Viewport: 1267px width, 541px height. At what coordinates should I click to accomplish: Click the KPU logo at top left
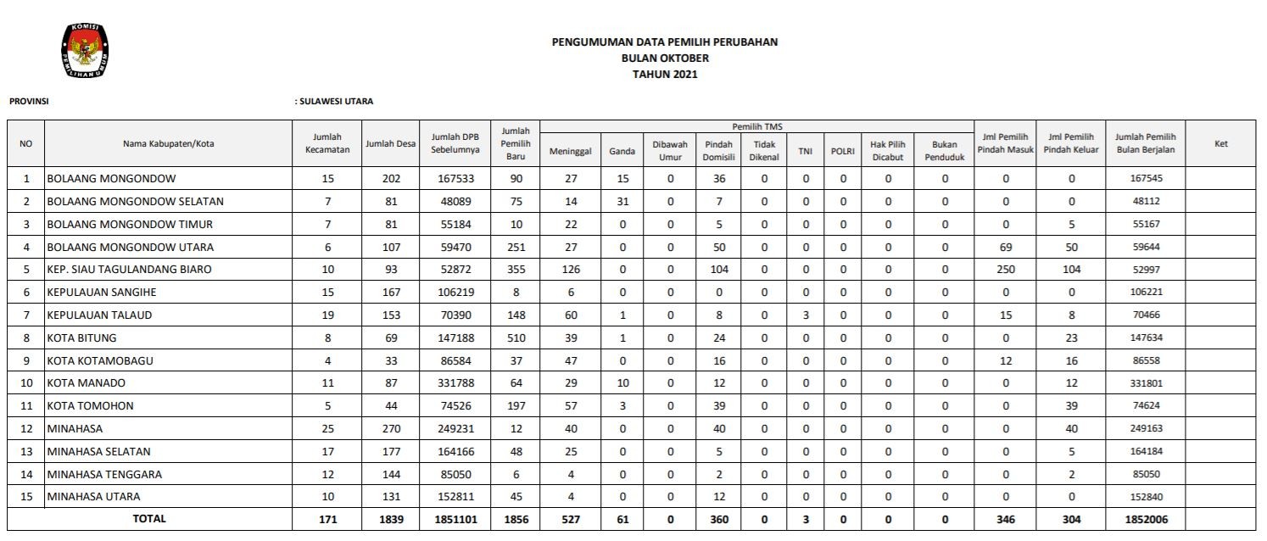click(x=85, y=51)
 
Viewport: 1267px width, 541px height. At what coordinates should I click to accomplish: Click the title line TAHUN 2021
click(x=665, y=75)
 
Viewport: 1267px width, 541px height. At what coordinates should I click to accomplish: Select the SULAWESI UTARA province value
click(x=336, y=102)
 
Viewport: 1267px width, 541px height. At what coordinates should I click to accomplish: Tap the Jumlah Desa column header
click(x=390, y=144)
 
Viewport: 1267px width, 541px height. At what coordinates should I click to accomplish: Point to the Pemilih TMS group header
click(x=756, y=126)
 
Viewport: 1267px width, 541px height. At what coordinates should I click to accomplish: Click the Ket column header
click(x=1220, y=144)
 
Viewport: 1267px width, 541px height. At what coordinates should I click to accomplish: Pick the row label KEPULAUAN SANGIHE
click(x=102, y=293)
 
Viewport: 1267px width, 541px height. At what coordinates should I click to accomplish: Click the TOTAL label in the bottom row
click(x=149, y=519)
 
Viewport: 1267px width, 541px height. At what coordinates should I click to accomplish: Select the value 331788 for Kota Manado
click(x=455, y=383)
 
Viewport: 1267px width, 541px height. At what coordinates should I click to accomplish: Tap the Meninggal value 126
click(x=570, y=270)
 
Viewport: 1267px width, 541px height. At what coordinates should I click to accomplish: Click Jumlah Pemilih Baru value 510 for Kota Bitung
click(x=516, y=337)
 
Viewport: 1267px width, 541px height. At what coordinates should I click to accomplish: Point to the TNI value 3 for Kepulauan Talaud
click(x=805, y=315)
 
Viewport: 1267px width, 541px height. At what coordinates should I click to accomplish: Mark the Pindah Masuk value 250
click(x=1005, y=270)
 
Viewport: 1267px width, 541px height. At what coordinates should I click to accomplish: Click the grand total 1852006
click(x=1145, y=520)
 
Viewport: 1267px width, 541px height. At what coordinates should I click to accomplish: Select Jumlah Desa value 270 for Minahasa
click(x=390, y=429)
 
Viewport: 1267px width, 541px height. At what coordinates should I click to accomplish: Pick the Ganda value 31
click(x=622, y=202)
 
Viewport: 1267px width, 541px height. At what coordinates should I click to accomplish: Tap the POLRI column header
click(x=842, y=151)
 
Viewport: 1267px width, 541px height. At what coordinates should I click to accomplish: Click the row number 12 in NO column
click(x=26, y=429)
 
